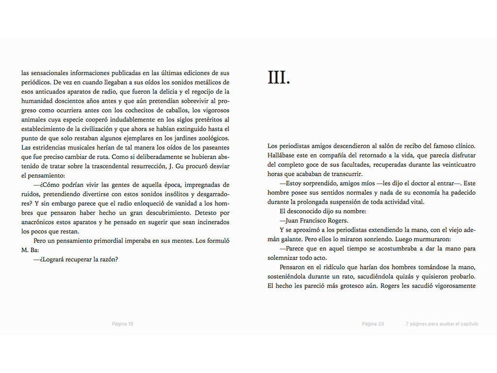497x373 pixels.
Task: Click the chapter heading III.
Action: coord(279,78)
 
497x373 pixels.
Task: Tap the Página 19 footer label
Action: coord(122,324)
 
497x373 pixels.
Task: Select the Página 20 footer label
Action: coord(373,324)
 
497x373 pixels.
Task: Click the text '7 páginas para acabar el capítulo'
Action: coord(442,324)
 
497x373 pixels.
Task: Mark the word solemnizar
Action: coord(284,258)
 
